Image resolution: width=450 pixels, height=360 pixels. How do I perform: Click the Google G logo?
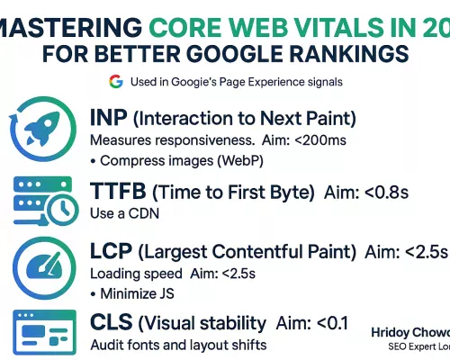115,81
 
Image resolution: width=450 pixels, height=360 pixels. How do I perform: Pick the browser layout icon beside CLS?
39,330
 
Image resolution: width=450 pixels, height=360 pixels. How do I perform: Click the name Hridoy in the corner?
393,331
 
